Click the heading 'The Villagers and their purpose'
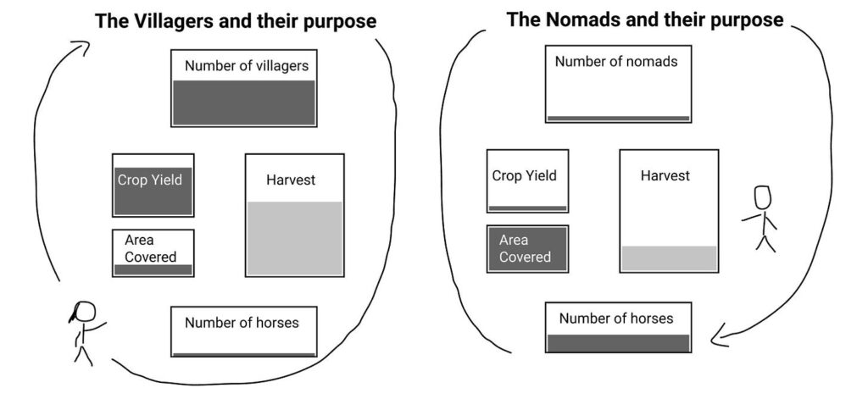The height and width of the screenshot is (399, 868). point(235,21)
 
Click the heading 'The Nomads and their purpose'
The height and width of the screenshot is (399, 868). point(644,19)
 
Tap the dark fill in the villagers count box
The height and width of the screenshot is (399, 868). point(243,103)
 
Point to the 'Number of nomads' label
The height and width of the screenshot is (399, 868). point(616,61)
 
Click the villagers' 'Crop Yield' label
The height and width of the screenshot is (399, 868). point(150,180)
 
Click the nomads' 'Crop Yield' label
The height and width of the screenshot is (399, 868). point(525,175)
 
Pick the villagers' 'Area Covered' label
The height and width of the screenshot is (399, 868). point(150,248)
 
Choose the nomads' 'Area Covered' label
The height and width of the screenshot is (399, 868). point(525,248)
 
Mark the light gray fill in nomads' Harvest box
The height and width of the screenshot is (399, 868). point(668,258)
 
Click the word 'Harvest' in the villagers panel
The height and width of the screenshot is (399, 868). point(291,180)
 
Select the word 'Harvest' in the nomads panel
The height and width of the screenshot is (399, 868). point(665,175)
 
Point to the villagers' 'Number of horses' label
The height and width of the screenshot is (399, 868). point(242,322)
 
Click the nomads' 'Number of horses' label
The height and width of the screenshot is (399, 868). point(616,318)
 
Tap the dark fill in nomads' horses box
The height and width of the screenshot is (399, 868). point(618,342)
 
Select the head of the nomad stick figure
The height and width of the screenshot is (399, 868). point(763,197)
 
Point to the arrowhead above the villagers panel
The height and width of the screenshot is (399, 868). point(83,46)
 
